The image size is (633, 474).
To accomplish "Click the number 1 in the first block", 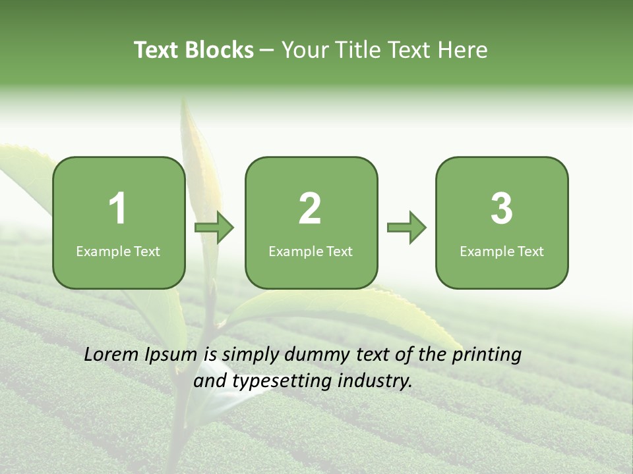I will (118, 209).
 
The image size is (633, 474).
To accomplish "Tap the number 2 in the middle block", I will (310, 209).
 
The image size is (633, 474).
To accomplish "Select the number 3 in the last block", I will (502, 209).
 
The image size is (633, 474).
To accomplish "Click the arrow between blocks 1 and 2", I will (214, 228).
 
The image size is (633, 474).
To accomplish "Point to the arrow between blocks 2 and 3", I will (407, 228).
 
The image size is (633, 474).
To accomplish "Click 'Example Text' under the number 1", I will (118, 251).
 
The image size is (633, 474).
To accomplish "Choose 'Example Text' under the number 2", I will (311, 251).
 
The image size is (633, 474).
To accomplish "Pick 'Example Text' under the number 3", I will (502, 251).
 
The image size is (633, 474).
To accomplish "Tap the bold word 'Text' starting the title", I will (157, 50).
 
